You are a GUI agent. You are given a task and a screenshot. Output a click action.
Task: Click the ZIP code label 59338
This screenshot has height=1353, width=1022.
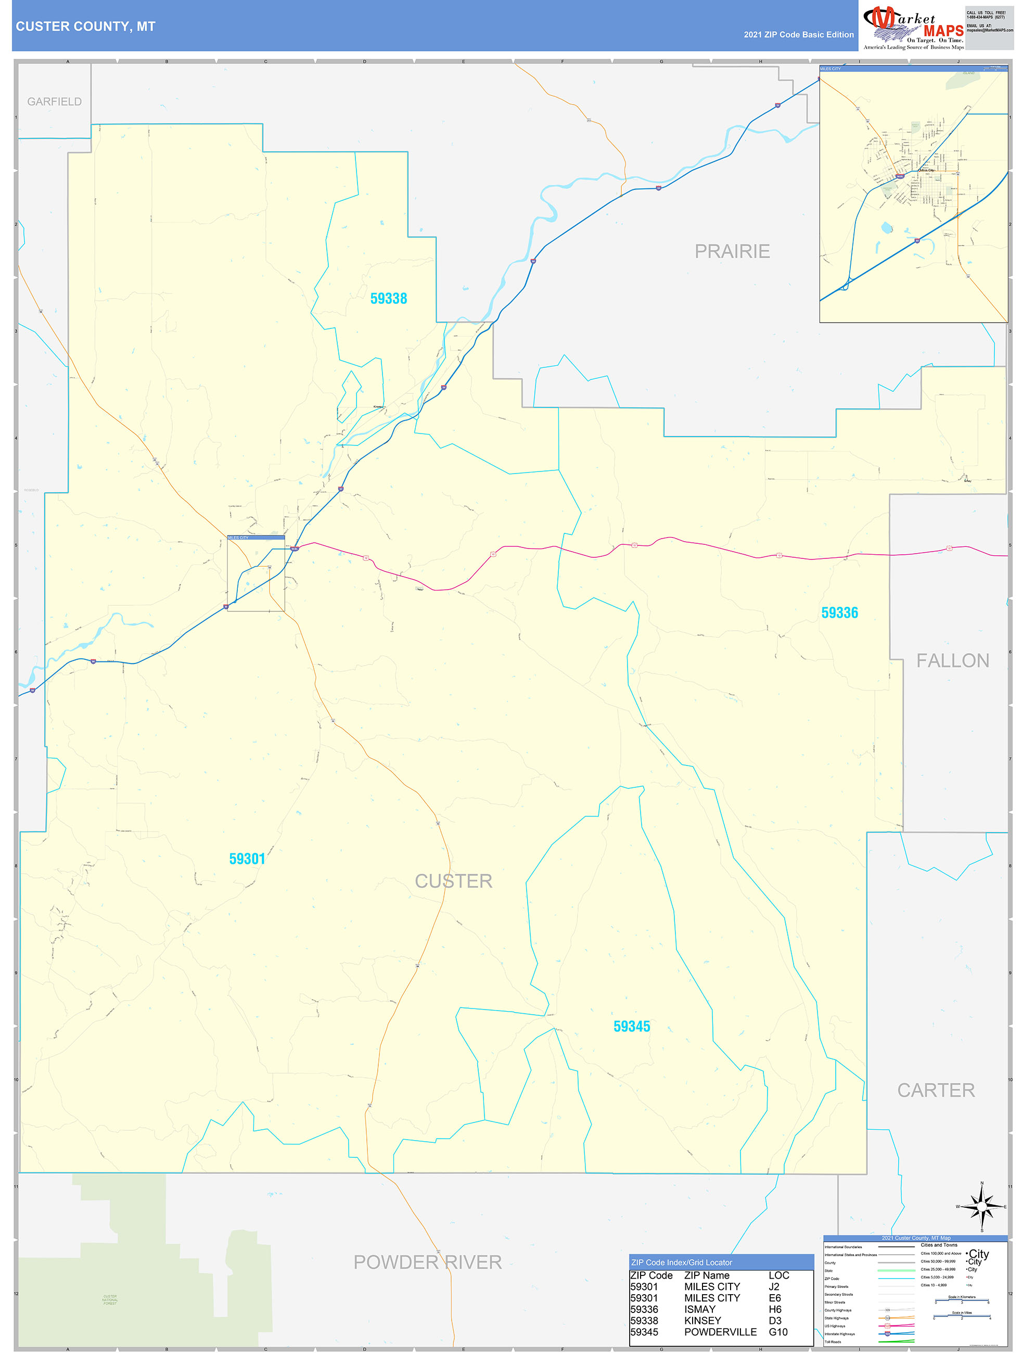388,299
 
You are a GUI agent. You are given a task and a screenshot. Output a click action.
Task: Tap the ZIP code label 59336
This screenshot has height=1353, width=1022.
839,613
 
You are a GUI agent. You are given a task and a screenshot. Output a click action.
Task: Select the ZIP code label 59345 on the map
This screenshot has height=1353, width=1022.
631,1026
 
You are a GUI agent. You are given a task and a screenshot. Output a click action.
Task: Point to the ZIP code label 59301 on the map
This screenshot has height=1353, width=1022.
247,859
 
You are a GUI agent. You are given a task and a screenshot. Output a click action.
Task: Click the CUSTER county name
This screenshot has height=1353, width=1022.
453,881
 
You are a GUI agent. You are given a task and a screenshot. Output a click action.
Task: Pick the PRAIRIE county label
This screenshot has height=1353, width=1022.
732,251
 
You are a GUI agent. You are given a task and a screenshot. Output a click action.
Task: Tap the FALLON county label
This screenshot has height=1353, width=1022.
952,660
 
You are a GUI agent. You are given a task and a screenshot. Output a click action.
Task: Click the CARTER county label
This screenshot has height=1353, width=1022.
936,1090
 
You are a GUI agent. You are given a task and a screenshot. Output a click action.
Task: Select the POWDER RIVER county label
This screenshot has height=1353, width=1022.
428,1262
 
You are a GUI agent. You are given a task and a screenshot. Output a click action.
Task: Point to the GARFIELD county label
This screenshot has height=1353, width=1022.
55,101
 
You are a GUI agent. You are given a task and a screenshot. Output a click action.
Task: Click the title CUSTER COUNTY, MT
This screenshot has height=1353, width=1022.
86,27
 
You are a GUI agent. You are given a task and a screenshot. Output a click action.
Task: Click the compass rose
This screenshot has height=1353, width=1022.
981,1206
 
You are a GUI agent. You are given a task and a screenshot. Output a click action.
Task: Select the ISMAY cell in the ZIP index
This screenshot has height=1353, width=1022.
700,1309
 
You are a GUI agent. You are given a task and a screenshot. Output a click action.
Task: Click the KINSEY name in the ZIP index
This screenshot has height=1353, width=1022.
702,1321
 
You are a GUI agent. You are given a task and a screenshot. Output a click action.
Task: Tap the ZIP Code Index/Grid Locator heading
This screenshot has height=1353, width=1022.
681,1262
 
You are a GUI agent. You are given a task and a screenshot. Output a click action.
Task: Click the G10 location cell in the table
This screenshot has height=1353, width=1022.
778,1332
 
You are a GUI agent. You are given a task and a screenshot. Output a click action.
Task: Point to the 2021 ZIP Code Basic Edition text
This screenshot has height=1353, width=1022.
798,35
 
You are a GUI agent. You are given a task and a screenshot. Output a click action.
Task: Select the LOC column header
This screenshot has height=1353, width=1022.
778,1275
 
